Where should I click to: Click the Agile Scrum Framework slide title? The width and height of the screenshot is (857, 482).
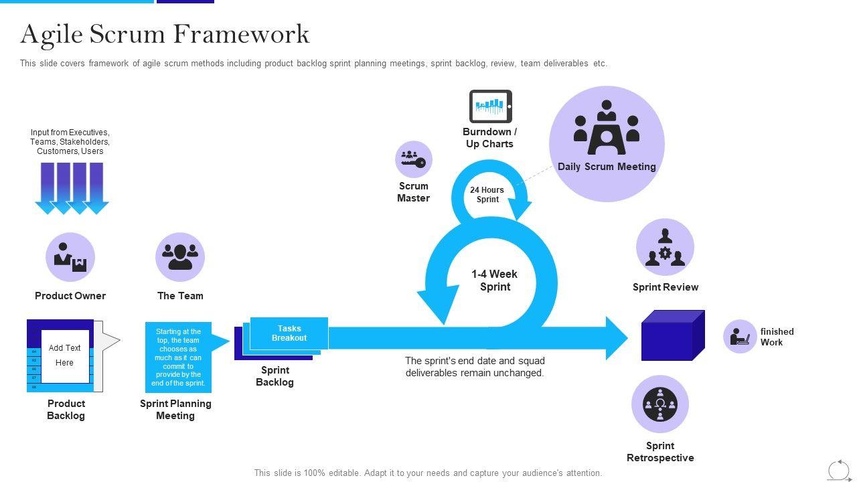[165, 34]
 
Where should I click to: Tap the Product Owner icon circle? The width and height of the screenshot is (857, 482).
[70, 257]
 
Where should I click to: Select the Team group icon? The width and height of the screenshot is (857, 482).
[180, 257]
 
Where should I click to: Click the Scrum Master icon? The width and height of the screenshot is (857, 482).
[413, 159]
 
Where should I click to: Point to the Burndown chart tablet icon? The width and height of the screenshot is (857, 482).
[490, 106]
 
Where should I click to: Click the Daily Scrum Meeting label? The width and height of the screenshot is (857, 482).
[607, 167]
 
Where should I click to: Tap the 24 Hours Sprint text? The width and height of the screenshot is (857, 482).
[487, 195]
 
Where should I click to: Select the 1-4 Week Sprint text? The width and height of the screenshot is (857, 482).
[494, 280]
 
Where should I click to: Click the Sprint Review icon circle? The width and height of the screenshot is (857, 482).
[665, 248]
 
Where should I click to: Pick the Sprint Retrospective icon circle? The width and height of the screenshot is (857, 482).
[660, 404]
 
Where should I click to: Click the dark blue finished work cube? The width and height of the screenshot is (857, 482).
[672, 335]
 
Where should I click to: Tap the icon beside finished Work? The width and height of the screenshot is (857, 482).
[740, 336]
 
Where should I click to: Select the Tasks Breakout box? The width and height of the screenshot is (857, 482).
[289, 333]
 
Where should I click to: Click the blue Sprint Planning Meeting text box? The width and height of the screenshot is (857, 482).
[178, 357]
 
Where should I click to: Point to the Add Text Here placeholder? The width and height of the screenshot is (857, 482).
[65, 355]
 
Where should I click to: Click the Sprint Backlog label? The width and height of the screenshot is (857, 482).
[275, 376]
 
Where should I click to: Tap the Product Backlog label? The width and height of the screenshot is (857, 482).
[66, 410]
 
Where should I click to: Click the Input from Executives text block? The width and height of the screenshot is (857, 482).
[70, 142]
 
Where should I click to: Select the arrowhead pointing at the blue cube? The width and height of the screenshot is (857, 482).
[616, 338]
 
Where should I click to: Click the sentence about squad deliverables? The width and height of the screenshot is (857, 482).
[475, 367]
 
